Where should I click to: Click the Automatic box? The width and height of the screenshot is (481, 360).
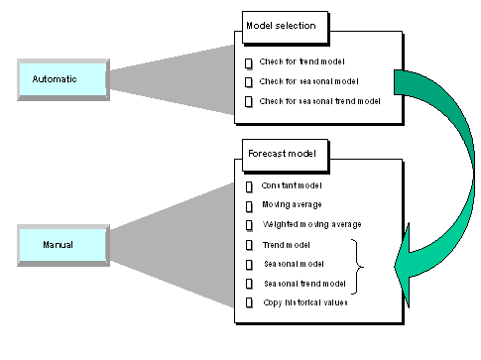(x=60, y=78)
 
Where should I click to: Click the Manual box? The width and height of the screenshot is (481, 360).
(x=60, y=244)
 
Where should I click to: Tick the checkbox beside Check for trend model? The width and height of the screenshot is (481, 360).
(x=249, y=62)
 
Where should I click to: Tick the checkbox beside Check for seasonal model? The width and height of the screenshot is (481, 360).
(x=249, y=81)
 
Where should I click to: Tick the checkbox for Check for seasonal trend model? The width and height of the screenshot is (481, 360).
(x=249, y=102)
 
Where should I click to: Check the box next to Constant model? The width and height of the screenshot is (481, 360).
(x=249, y=185)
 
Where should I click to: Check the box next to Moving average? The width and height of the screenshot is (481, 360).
(x=249, y=205)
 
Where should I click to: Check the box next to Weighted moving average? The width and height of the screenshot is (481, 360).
(x=249, y=224)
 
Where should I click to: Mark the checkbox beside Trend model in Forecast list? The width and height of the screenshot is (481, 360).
(x=249, y=244)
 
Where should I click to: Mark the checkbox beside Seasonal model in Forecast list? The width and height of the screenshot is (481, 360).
(x=249, y=264)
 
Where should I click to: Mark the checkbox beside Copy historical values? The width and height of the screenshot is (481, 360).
(x=249, y=302)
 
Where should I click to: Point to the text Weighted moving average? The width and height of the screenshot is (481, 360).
(x=311, y=224)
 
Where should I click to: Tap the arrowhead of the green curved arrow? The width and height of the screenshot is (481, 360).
(x=407, y=266)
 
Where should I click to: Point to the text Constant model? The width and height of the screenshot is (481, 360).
(x=293, y=185)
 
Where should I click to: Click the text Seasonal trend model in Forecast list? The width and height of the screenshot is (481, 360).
(x=303, y=284)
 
